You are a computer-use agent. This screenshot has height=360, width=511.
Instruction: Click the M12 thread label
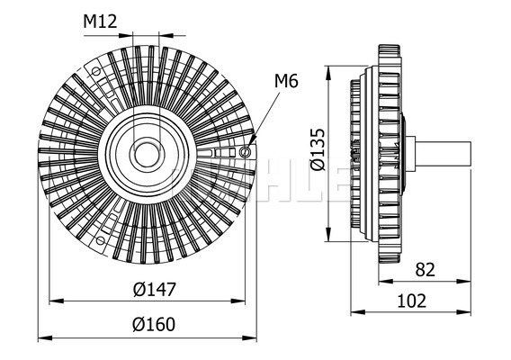(x=100, y=22)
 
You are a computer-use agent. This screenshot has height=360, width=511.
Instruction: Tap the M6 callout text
(x=286, y=81)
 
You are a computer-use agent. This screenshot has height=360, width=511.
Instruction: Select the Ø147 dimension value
(x=155, y=289)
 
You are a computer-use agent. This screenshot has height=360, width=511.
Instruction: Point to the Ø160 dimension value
(x=154, y=324)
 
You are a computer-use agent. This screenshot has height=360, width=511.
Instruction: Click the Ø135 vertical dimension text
(x=318, y=149)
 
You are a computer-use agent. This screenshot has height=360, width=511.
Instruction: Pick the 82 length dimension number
(x=425, y=270)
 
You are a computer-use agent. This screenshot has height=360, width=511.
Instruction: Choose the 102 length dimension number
(x=412, y=301)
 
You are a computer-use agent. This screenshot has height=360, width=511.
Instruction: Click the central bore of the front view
(x=146, y=155)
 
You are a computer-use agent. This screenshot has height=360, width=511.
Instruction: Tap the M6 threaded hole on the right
(x=245, y=151)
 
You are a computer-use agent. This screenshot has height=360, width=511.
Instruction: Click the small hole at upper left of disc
(x=95, y=71)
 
